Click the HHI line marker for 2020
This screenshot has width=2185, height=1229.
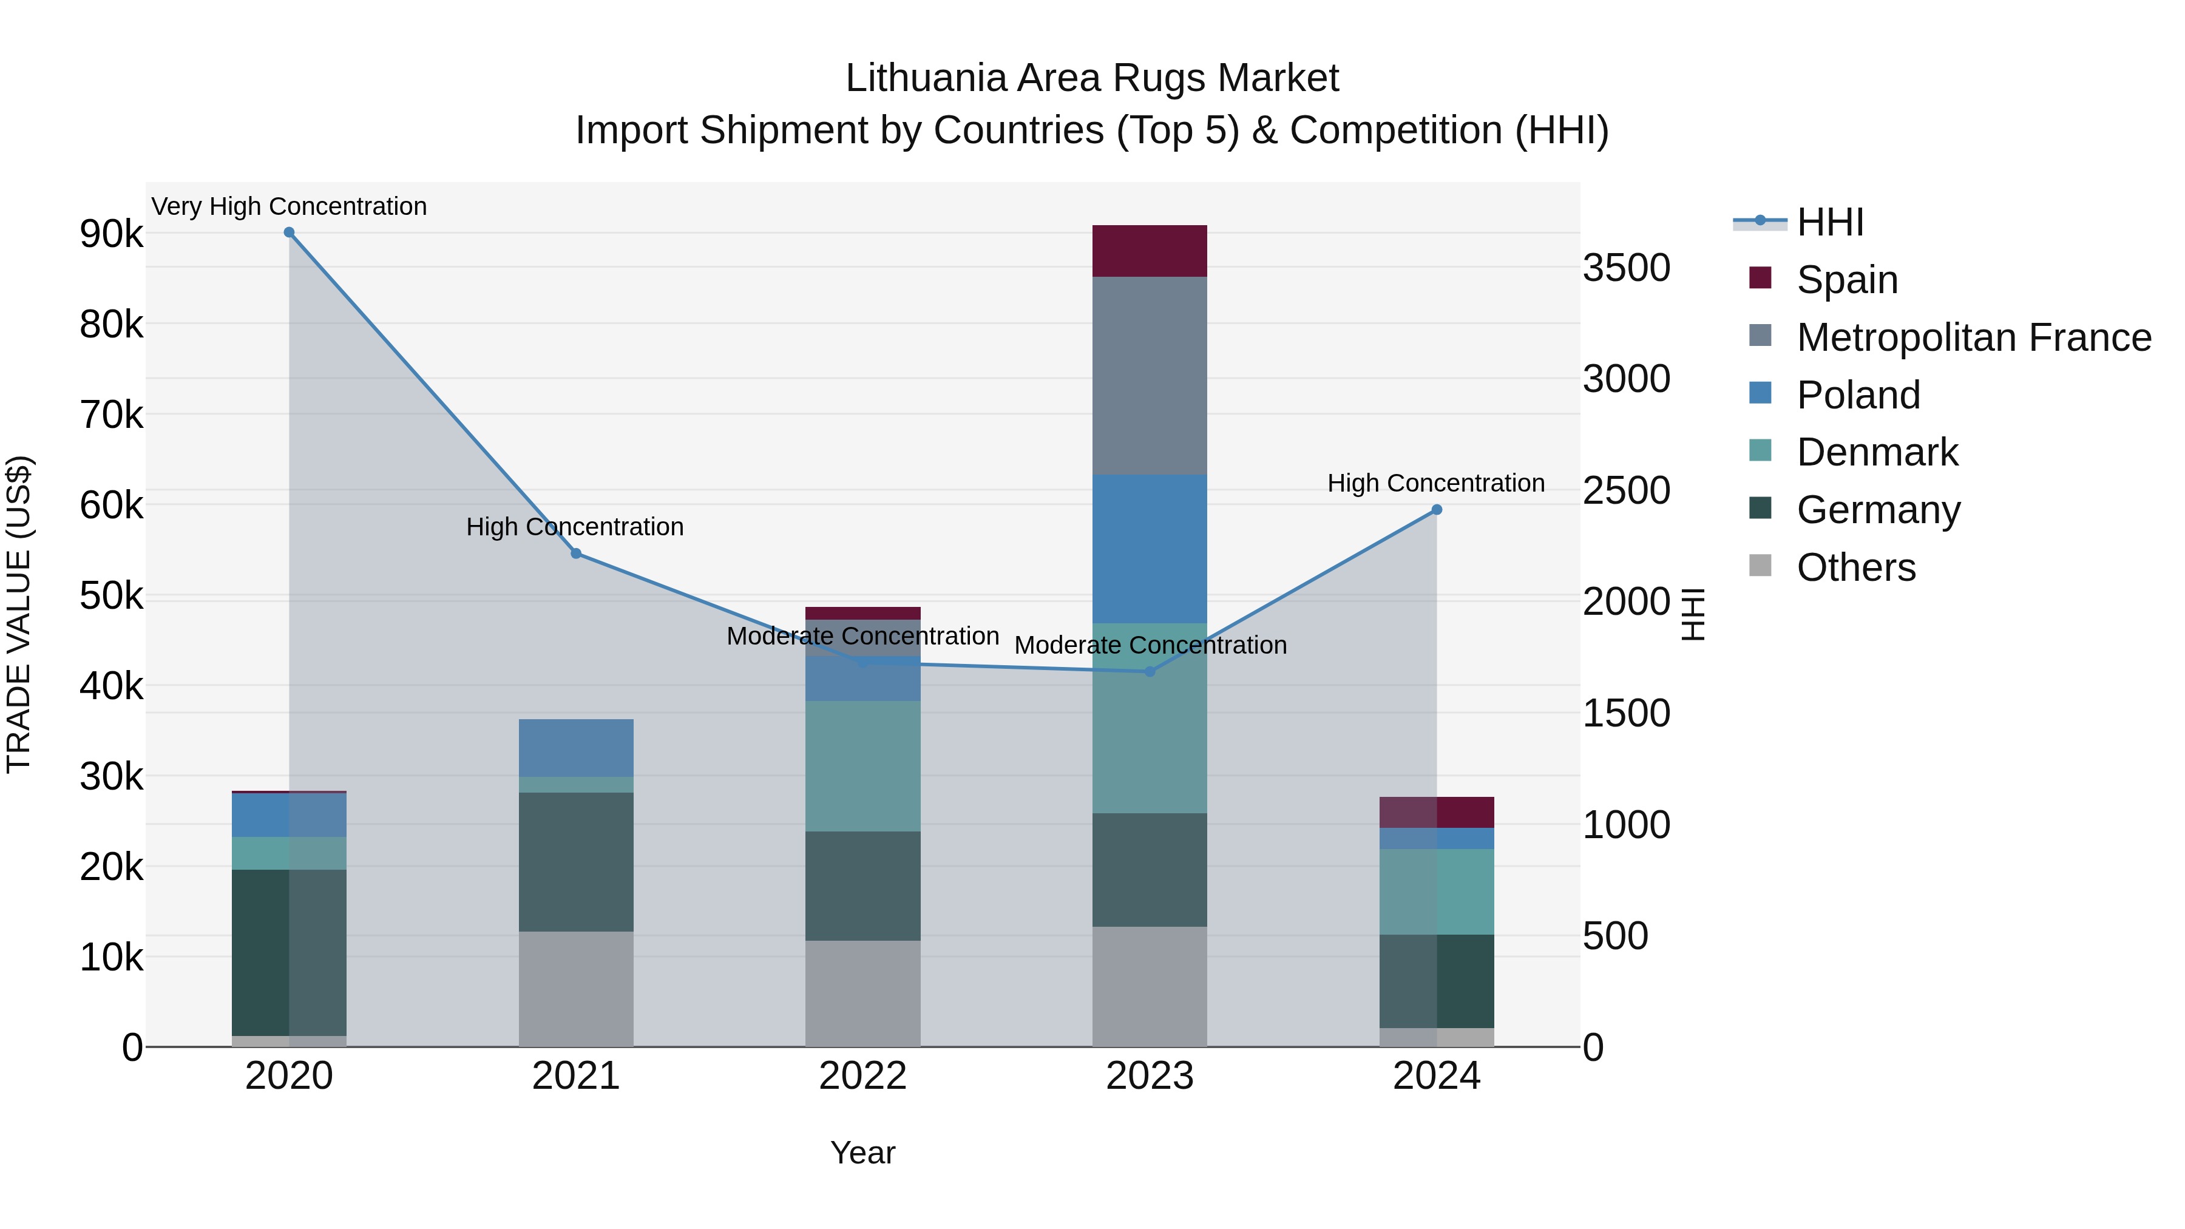click(290, 232)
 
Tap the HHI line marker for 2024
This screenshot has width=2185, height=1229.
click(1437, 510)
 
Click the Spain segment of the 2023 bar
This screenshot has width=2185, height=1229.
click(1150, 251)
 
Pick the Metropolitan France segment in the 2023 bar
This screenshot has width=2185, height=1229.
click(1150, 375)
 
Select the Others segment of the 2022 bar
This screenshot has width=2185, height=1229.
click(862, 993)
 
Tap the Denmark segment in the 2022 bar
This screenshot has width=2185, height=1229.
click(862, 766)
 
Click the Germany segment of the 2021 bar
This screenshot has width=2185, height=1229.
click(576, 862)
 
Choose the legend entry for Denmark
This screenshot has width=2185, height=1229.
click(1877, 452)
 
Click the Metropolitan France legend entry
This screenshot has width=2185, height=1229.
click(1973, 337)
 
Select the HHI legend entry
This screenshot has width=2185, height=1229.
click(1829, 222)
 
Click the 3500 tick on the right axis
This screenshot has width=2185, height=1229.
click(1626, 268)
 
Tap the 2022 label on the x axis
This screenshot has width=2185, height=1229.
click(862, 1076)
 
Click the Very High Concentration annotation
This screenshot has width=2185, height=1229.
click(290, 206)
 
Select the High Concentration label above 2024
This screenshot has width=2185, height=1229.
click(1436, 482)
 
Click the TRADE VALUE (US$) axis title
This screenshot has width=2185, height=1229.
click(19, 614)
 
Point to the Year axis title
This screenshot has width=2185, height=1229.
click(862, 1153)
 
